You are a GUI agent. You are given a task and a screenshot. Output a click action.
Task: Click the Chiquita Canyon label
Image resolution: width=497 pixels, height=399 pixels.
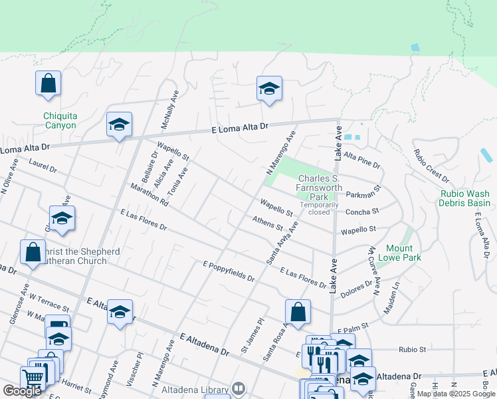tap(60, 120)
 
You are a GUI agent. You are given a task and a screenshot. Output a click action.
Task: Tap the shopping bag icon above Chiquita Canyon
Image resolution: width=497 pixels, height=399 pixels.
tap(49, 84)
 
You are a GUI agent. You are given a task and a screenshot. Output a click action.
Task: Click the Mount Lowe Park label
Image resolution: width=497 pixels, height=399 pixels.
tap(400, 253)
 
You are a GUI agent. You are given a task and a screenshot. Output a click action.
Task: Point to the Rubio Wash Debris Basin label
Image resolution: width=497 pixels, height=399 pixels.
tap(465, 198)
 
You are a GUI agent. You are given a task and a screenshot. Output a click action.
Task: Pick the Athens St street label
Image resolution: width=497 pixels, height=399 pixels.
tap(267, 222)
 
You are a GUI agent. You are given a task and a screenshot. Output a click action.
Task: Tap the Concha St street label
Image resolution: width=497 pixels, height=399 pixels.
tap(366, 211)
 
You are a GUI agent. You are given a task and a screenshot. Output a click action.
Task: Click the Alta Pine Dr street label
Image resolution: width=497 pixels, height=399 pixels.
tap(363, 160)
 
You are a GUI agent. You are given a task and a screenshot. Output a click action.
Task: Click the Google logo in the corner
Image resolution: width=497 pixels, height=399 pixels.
tap(22, 391)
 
